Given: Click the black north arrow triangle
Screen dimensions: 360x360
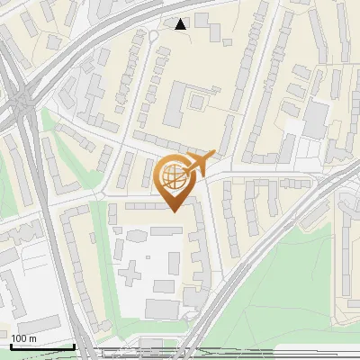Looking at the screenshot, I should click(x=181, y=24).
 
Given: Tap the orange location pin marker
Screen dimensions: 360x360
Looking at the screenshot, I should click(x=177, y=181).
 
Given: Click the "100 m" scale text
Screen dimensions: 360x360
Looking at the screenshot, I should click(x=24, y=338).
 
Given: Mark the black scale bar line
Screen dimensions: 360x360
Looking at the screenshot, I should click(x=42, y=346).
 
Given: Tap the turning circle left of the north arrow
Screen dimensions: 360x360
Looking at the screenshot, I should click(x=154, y=34).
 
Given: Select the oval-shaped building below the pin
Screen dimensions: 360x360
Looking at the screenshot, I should click(x=139, y=237).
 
